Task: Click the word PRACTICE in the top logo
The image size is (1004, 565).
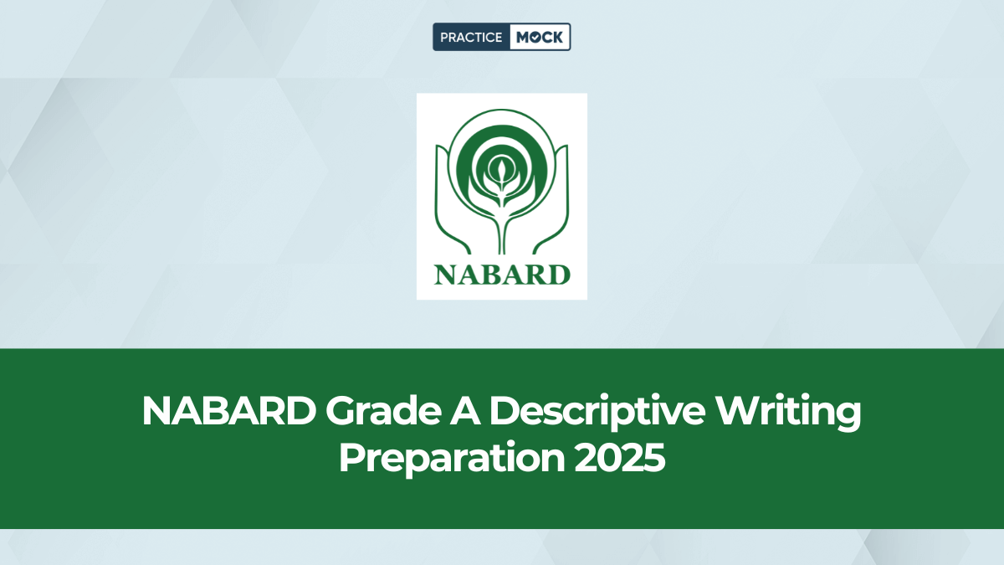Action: click(471, 37)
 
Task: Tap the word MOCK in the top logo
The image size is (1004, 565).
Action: click(539, 37)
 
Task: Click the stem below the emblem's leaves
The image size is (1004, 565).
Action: click(502, 230)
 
